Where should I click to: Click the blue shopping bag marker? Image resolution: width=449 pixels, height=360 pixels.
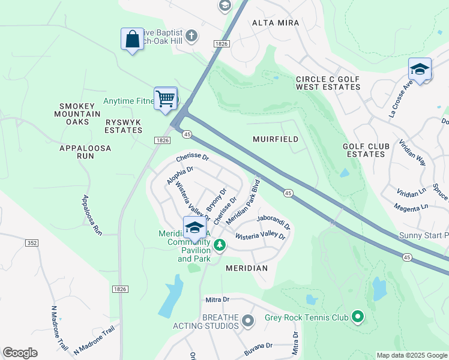coord(131,40)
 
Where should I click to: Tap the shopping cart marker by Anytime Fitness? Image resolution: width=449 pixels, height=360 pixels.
coord(166,98)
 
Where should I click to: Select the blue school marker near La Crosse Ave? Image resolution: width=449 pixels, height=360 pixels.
coord(420,70)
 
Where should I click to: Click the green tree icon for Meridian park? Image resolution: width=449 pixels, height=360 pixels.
coord(220,244)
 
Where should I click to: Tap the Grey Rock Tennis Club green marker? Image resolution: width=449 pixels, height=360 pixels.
coord(358,315)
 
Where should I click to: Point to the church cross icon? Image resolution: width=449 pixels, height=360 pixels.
coord(191,35)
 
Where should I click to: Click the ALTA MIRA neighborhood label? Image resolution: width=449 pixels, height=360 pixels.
coord(276,23)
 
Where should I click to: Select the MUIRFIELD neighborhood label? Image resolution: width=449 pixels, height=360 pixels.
coord(276,139)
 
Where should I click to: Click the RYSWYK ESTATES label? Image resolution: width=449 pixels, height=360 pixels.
coord(123,126)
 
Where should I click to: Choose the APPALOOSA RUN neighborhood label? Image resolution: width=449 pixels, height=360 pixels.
coord(77,151)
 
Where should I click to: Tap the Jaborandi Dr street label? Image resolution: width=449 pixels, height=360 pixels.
coord(273,223)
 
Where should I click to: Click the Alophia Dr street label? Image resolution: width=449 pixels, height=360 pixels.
coord(180,178)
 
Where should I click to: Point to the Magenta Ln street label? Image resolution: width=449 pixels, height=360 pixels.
coord(411,207)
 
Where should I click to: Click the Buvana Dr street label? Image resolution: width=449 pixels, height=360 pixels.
coord(258,346)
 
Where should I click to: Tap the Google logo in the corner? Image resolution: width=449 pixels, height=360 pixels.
coord(20,353)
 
